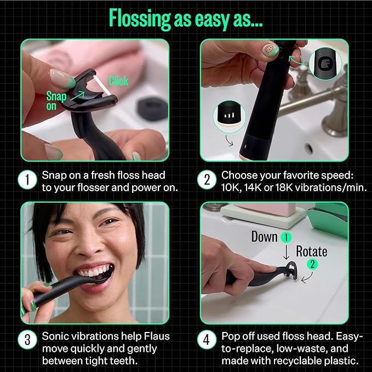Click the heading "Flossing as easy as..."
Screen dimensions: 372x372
click(x=186, y=18)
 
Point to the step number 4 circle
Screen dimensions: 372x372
click(x=207, y=340)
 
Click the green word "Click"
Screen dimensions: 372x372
click(x=118, y=81)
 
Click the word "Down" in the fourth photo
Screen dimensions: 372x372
click(x=264, y=237)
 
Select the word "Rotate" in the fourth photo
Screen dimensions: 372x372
click(x=311, y=251)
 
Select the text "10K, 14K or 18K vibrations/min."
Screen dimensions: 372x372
click(x=293, y=188)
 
